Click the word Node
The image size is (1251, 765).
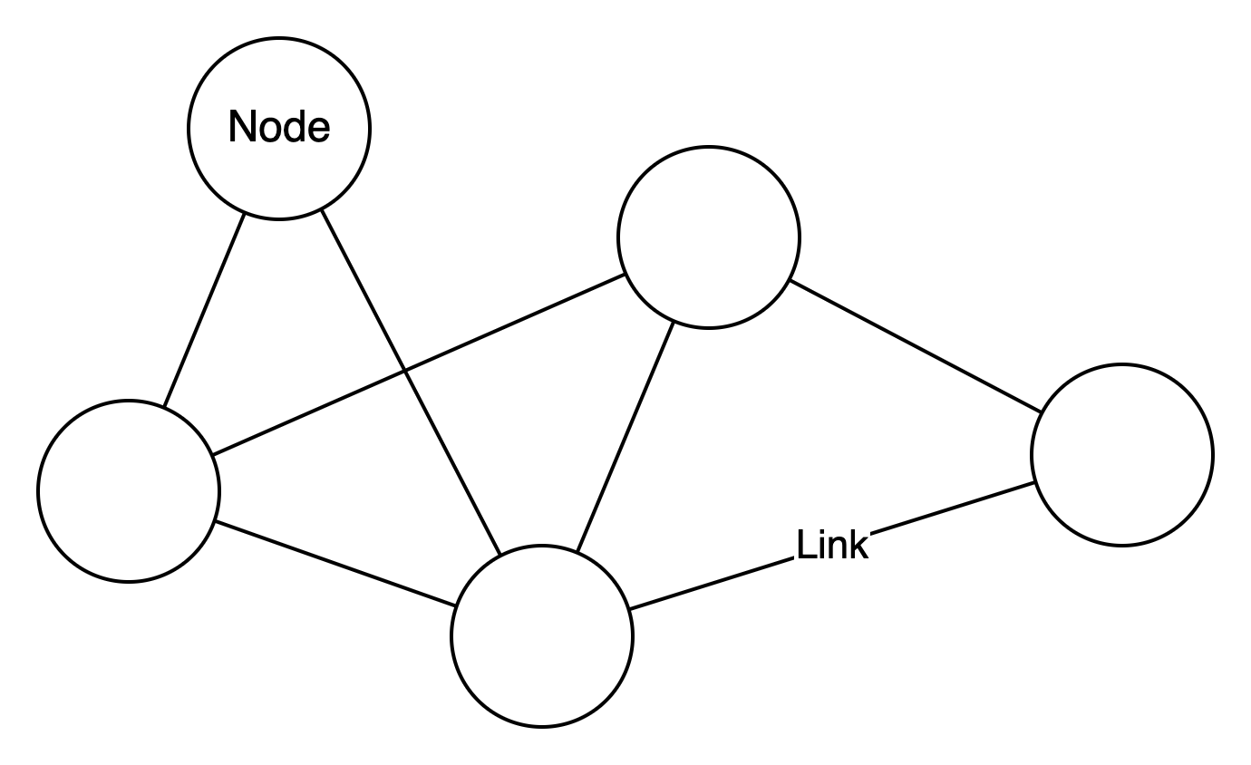coord(279,128)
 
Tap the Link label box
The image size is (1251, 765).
coord(831,546)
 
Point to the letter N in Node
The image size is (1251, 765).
coord(240,127)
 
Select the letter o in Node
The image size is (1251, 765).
coord(267,131)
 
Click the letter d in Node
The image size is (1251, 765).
coord(293,127)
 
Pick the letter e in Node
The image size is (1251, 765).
coord(318,131)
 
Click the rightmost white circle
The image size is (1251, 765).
coord(1122,455)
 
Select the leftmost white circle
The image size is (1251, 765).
coord(129,491)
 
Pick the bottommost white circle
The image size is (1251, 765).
coord(542,636)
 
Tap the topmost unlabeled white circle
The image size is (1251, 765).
coord(709,237)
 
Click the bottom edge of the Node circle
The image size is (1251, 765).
coord(279,216)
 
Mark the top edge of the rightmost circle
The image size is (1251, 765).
coord(1122,368)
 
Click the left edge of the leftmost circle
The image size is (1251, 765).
coord(42,491)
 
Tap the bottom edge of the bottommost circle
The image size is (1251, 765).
coord(542,723)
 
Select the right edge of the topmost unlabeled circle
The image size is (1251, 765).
coord(796,237)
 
